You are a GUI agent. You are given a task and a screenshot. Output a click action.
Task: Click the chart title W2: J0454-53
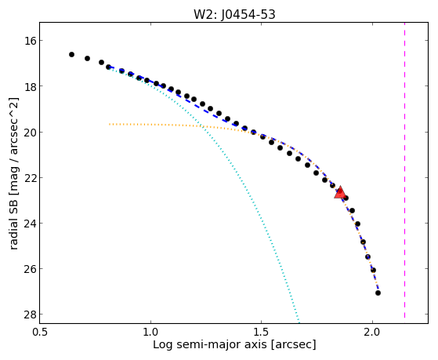pos(234,15)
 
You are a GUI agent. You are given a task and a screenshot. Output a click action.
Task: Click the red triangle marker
pos(340,192)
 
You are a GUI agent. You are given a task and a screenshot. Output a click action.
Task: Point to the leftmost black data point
pos(71,54)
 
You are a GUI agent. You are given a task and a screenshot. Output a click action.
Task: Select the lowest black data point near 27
pos(378,293)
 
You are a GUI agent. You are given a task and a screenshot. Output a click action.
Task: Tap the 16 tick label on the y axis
pos(30,41)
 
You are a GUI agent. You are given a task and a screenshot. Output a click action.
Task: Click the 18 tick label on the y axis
pos(30,86)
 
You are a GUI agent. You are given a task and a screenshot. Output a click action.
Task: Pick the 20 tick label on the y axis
pos(30,132)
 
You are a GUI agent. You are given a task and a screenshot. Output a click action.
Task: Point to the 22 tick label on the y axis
pos(30,177)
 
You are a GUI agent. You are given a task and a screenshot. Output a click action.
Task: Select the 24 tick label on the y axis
pos(30,224)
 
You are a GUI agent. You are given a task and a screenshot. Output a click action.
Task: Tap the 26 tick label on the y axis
pos(30,269)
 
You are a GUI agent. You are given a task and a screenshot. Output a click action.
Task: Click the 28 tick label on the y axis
pos(30,315)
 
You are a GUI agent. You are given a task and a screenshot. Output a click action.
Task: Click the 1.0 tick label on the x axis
pos(151,332)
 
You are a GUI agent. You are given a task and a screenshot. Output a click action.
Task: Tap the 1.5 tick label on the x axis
pos(262,332)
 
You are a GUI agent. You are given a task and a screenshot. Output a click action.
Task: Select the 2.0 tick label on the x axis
pos(372,332)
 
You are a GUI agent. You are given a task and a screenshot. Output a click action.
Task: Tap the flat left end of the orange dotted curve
pos(110,124)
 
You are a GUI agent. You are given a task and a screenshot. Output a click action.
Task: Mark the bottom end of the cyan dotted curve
pos(299,322)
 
